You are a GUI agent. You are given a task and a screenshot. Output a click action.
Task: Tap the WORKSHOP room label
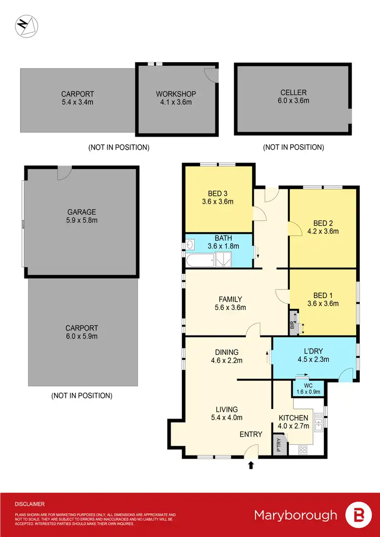tap(176, 98)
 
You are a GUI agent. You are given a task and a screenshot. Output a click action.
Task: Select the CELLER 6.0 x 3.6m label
tap(293, 96)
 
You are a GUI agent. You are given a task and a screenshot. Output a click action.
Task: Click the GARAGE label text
tap(82, 216)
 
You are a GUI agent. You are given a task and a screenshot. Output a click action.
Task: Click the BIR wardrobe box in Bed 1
tap(293, 322)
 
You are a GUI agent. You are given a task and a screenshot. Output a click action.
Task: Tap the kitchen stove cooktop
tap(302, 448)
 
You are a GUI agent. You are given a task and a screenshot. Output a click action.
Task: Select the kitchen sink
tap(319, 421)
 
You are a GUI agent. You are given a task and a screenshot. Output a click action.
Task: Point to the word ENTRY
tap(251, 434)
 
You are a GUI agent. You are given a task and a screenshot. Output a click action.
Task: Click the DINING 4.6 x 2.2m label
tap(226, 356)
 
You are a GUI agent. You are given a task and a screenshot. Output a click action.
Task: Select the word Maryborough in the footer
tap(295, 515)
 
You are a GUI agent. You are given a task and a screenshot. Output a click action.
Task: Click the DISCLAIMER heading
tap(29, 504)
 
